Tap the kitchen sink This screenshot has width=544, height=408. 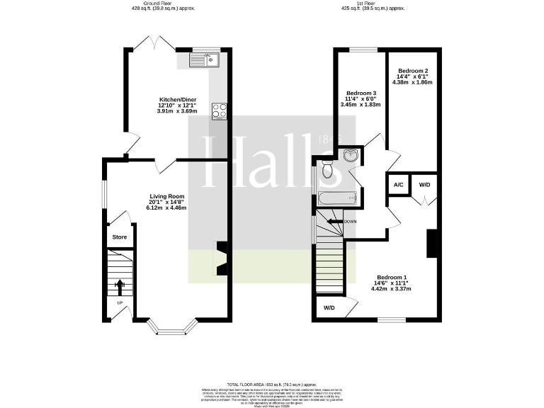[205, 60]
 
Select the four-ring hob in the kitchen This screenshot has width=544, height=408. [219, 110]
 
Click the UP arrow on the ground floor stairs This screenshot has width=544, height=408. [119, 287]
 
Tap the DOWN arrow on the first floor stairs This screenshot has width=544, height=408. [335, 222]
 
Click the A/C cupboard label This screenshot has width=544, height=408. [398, 185]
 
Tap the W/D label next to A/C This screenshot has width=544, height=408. [424, 185]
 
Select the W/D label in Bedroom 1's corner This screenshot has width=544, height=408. [329, 308]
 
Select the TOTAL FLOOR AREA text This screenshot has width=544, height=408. [271, 382]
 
